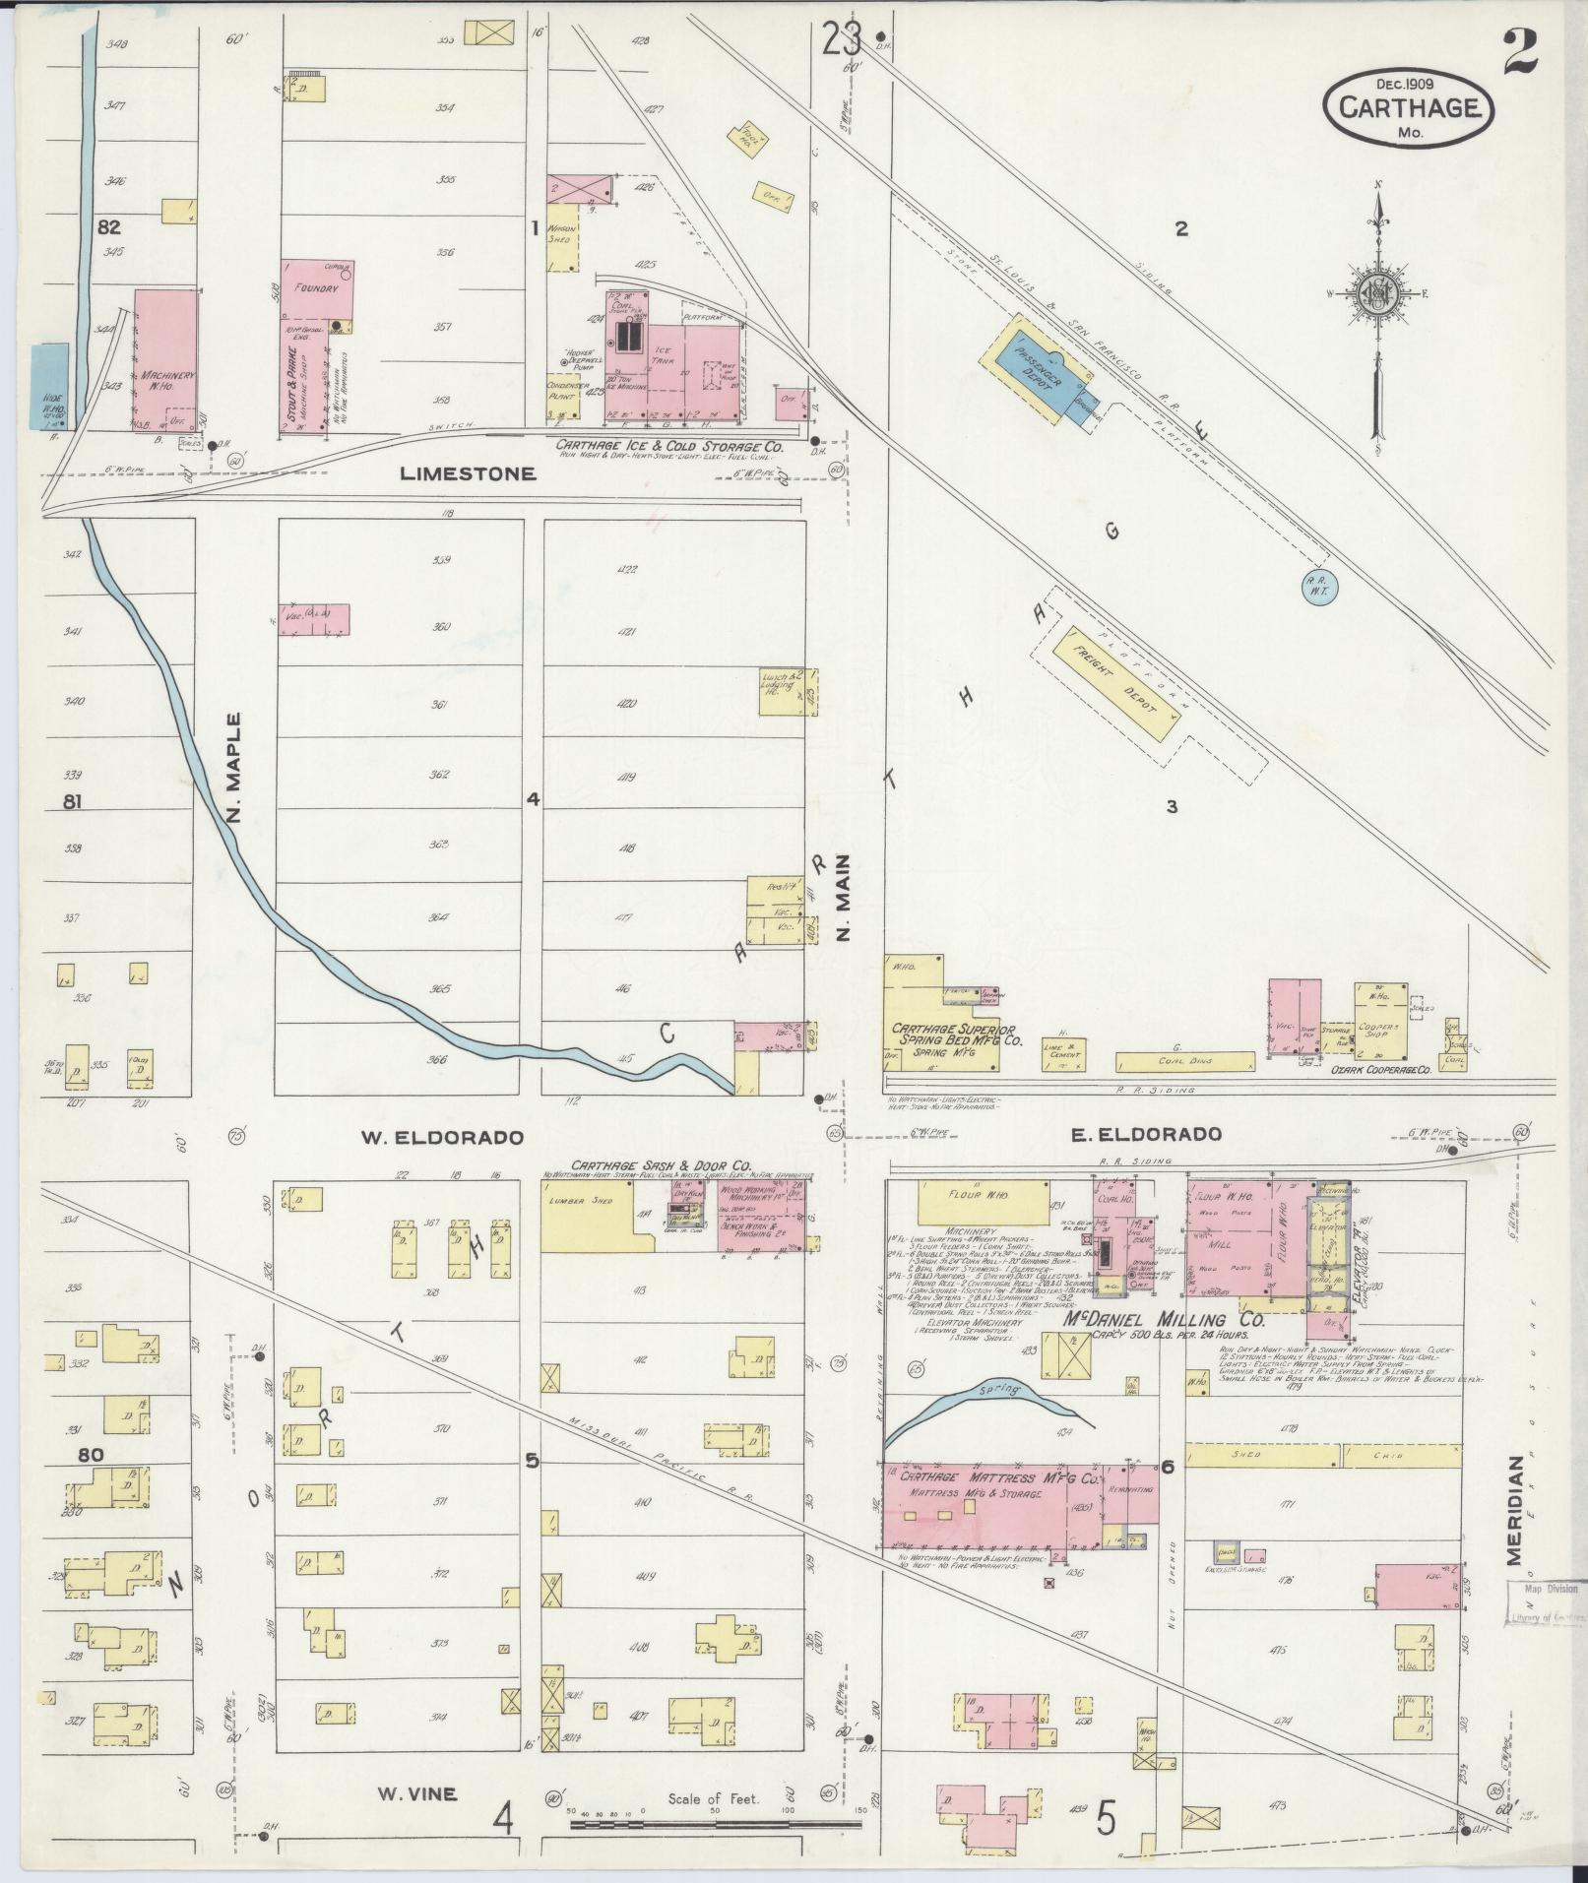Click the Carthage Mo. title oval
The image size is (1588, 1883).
1409,105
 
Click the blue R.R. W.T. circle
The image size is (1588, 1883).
1316,588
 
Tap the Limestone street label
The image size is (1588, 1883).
468,473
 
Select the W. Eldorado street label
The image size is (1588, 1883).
440,1138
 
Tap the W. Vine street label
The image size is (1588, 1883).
415,1793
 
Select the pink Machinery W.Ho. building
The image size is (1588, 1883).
164,359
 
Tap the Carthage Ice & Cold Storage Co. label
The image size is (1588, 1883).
669,447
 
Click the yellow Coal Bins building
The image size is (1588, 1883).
1185,1062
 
